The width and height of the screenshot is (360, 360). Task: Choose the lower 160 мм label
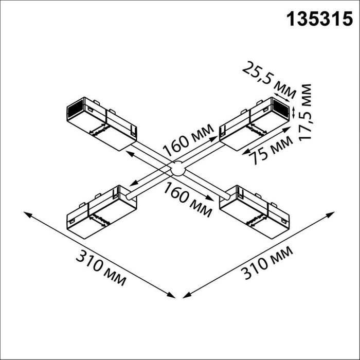click(x=188, y=199)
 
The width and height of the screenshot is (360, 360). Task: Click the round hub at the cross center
click(x=177, y=168)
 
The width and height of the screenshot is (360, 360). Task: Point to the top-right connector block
click(x=254, y=123)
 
